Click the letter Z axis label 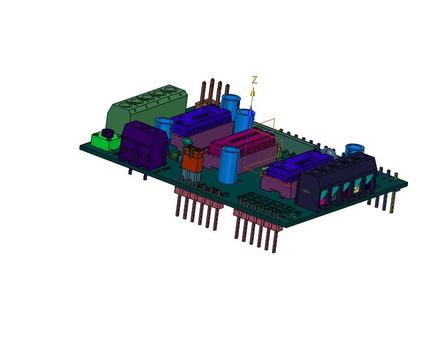[x=255, y=80]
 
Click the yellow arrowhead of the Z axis [x=253, y=91]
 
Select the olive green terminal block [x=147, y=107]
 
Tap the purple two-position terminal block [x=143, y=145]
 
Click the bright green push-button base [x=102, y=141]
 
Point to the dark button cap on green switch [x=107, y=133]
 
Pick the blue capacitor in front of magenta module [x=229, y=165]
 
